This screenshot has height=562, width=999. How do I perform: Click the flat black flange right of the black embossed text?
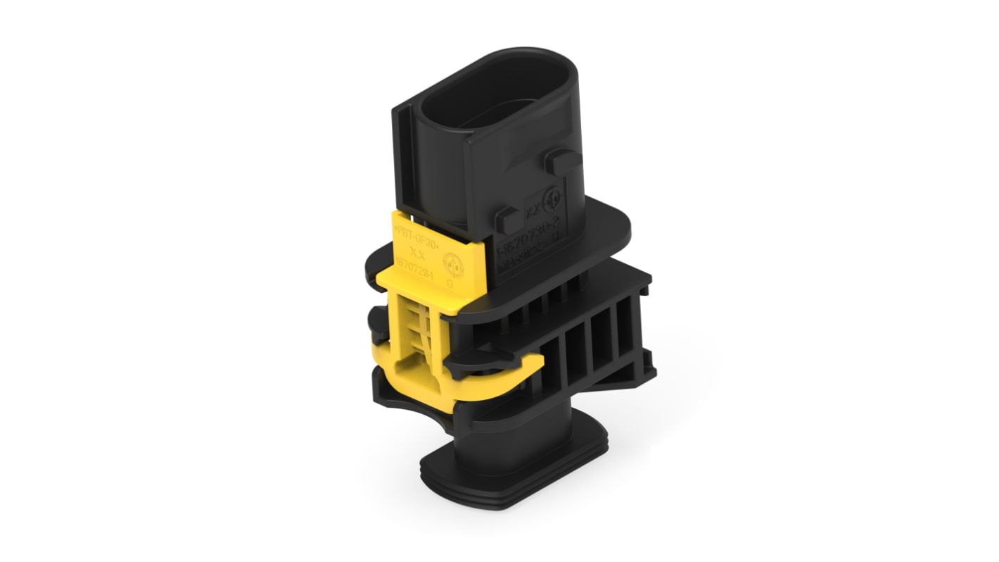pyautogui.click(x=605, y=229)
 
